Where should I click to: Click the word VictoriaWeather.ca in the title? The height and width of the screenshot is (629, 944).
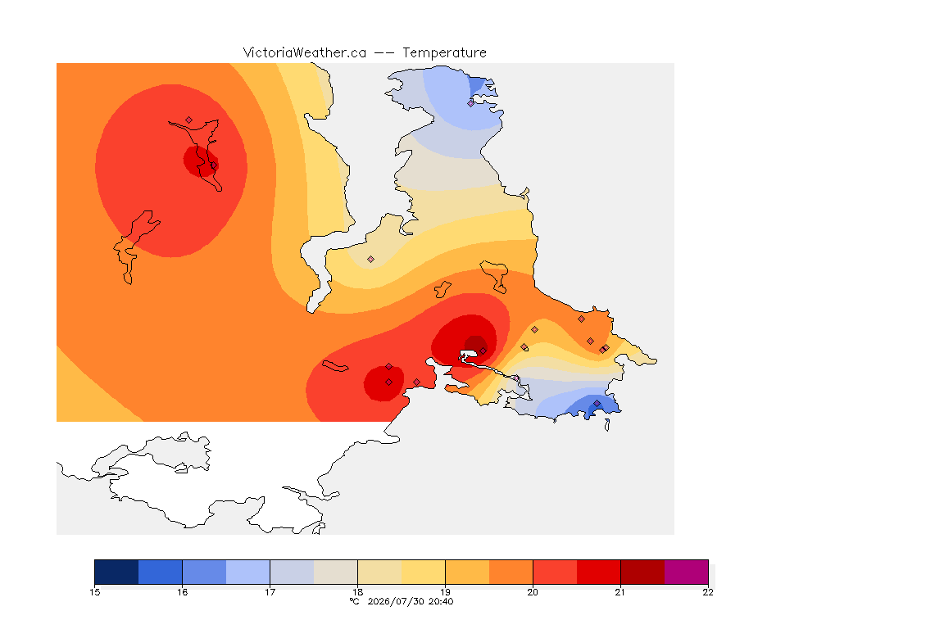point(305,53)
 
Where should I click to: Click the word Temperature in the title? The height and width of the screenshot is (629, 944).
point(444,53)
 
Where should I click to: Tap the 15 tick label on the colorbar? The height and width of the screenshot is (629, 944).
point(94,592)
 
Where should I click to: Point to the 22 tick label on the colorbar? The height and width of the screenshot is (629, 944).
point(708,592)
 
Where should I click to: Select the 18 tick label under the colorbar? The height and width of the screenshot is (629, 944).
point(357,592)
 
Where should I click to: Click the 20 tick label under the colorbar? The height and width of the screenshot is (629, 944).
point(533,592)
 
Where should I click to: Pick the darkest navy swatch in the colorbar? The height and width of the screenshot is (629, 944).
point(117,572)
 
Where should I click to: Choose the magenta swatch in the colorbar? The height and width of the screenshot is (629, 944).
point(687,572)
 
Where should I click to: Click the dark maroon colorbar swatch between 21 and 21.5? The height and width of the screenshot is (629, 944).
point(642,572)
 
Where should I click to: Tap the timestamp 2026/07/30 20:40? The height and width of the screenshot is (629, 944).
point(410,601)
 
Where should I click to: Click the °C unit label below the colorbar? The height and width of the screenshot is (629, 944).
point(354,601)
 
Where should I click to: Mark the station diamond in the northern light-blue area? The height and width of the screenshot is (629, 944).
point(471,103)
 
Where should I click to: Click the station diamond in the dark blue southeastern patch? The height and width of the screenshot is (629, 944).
point(597,403)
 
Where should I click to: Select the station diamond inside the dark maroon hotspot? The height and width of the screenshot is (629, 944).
point(483,351)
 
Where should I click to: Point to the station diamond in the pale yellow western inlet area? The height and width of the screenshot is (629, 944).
point(371,260)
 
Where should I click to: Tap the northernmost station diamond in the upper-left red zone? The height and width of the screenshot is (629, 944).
point(189,120)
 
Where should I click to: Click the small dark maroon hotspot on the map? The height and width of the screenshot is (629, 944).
point(475,345)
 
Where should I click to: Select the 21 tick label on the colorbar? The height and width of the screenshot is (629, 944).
point(620,592)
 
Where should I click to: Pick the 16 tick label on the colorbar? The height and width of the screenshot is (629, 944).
point(183,592)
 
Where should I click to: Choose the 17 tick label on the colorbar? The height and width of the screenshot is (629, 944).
point(270,592)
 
